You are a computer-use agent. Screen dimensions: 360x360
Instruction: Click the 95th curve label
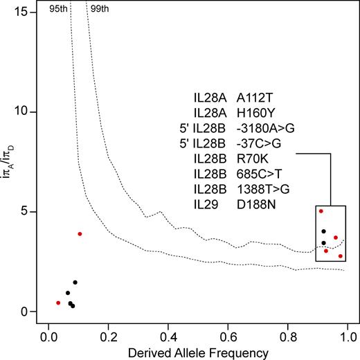click(60, 9)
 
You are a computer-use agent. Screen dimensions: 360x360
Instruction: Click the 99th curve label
click(98, 9)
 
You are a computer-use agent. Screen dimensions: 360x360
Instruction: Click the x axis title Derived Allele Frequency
click(197, 352)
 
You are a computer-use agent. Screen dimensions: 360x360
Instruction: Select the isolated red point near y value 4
click(80, 234)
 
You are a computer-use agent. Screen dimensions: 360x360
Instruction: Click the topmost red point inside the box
click(321, 210)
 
